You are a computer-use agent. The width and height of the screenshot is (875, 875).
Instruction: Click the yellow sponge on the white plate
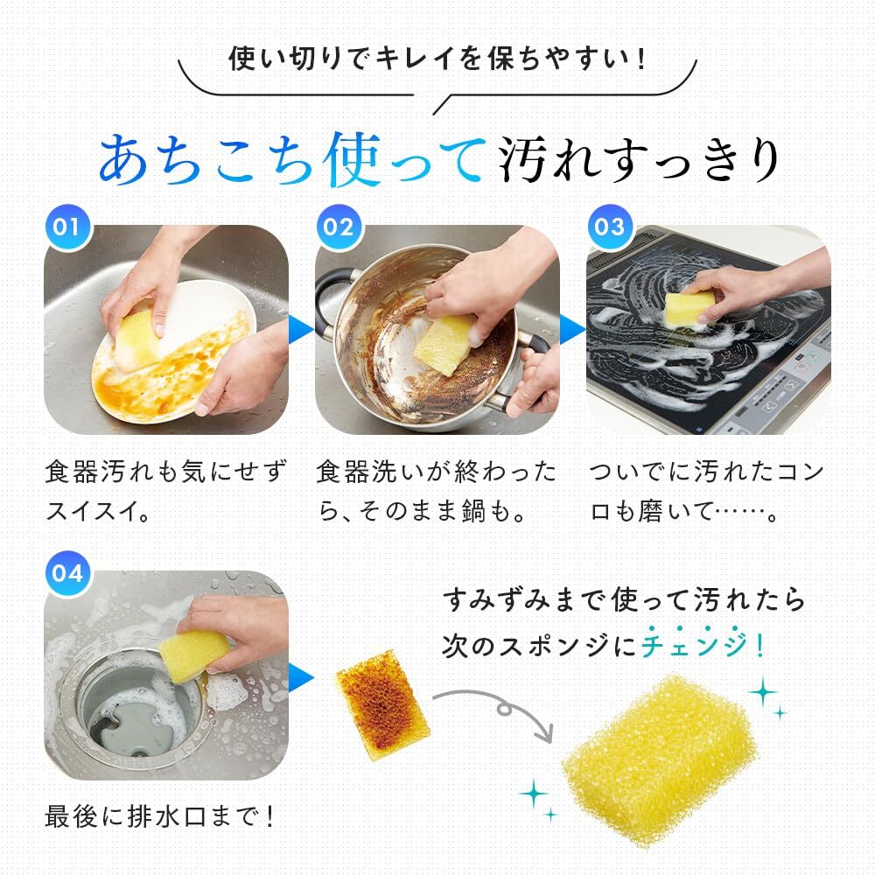[136, 339]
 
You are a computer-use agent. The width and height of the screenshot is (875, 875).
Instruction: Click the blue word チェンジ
[696, 646]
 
